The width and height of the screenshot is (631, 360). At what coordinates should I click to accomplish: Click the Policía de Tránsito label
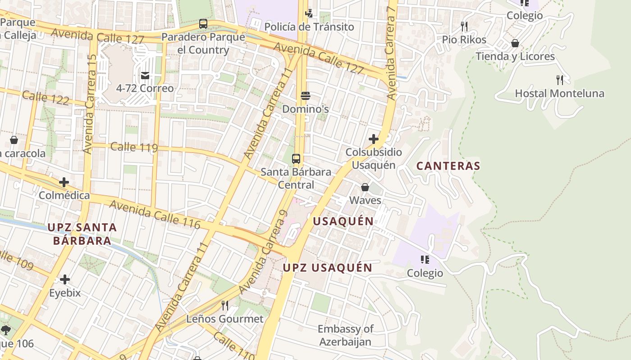[x=309, y=27]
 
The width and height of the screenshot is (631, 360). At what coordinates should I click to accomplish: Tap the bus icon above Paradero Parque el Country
[x=203, y=24]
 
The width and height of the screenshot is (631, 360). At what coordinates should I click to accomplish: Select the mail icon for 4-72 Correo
[x=145, y=75]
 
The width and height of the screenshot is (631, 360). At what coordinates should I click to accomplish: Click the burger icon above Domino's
[x=306, y=96]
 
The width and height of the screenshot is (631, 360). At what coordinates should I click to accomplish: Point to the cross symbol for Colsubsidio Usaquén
[x=374, y=139]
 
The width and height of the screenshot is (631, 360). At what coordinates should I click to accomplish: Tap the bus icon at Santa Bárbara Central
[x=296, y=159]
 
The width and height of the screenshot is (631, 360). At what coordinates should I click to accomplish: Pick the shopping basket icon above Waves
[x=365, y=187]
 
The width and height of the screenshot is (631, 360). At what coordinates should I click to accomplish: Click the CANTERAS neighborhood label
[x=448, y=166]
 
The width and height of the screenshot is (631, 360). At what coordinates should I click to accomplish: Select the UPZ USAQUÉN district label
[x=328, y=268]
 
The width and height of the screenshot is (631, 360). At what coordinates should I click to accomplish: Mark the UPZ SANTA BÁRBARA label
[x=82, y=234]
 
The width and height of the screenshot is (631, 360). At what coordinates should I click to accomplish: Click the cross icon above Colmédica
[x=64, y=182]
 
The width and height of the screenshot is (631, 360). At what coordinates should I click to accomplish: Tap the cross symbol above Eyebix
[x=65, y=279]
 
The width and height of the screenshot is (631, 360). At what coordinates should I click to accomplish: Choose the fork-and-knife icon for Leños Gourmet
[x=225, y=306]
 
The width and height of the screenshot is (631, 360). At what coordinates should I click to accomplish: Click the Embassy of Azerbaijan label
[x=345, y=335]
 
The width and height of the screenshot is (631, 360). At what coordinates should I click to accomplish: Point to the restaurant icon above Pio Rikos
[x=464, y=27]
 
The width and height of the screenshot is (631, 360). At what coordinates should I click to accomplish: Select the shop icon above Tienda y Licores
[x=515, y=43]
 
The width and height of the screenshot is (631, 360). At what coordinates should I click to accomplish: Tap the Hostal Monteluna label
[x=559, y=94]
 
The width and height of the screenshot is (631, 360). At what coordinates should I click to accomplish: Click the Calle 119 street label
[x=134, y=147]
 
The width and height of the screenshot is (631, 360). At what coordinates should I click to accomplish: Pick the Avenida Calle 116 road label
[x=155, y=214]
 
